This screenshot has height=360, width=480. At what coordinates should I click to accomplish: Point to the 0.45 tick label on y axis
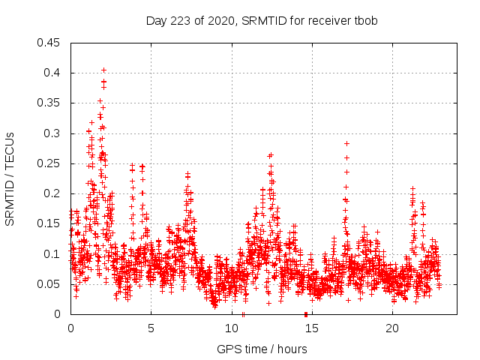(x=50, y=43)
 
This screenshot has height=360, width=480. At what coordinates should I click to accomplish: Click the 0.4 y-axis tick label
(x=53, y=73)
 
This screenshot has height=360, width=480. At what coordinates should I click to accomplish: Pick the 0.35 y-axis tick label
(x=50, y=103)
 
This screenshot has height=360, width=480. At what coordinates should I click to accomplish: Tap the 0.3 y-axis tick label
(x=53, y=133)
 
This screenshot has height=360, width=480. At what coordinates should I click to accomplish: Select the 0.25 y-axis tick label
(x=50, y=163)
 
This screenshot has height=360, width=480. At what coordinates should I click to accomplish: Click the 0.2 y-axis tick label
(x=53, y=193)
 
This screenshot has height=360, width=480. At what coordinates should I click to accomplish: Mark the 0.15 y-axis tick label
(x=50, y=224)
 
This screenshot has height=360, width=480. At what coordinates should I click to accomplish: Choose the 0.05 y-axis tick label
(x=50, y=284)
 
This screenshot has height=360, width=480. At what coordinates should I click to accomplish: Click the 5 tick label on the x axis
(x=151, y=328)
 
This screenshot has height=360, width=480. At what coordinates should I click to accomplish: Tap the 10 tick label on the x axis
(x=231, y=328)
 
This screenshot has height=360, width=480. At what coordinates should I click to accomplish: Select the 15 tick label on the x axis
(x=311, y=328)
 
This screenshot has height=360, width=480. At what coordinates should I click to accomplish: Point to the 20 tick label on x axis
(x=391, y=328)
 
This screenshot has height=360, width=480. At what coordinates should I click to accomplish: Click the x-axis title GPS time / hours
(x=262, y=349)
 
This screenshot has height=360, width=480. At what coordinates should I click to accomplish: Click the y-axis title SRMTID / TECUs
(x=10, y=178)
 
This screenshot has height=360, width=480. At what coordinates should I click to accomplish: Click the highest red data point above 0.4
(x=103, y=70)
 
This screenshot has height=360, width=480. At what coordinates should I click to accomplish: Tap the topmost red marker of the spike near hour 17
(x=346, y=143)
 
